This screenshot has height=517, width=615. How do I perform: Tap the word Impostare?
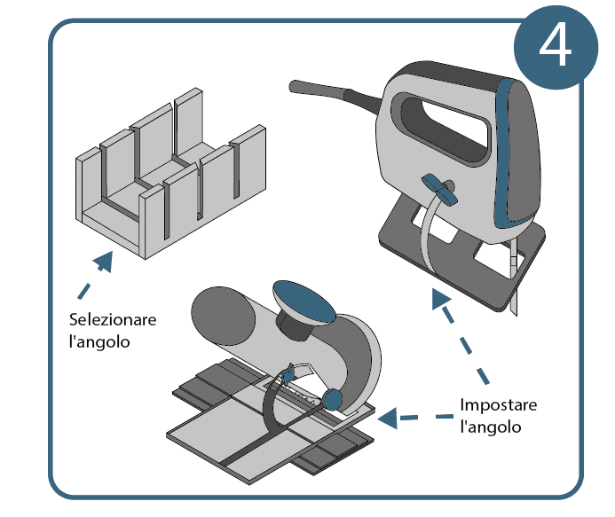coord(499,405)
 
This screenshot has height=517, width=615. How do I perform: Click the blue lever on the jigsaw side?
coord(438,189)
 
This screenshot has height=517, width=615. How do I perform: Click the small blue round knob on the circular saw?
coord(335,399)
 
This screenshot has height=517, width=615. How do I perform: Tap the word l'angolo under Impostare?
coord(491,427)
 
